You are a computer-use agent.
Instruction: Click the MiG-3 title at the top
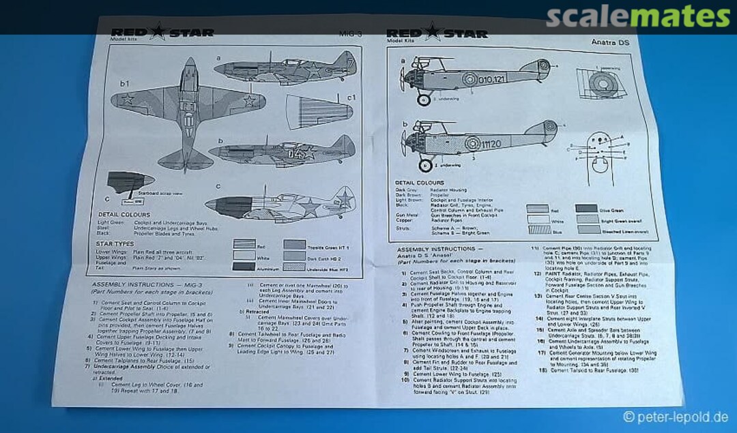351,33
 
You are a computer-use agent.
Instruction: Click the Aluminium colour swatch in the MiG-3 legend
243,267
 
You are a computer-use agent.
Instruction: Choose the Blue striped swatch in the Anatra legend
537,230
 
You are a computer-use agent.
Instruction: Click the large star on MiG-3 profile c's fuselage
310,203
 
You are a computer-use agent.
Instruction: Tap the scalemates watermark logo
637,16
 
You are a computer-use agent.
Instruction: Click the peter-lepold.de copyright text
675,417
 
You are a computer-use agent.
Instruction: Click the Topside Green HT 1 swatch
294,244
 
